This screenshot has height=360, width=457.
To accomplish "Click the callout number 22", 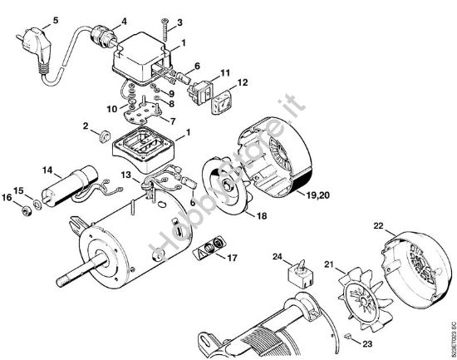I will pyautogui.click(x=379, y=225).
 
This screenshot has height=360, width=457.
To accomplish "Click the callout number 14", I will pyautogui.click(x=47, y=170).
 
